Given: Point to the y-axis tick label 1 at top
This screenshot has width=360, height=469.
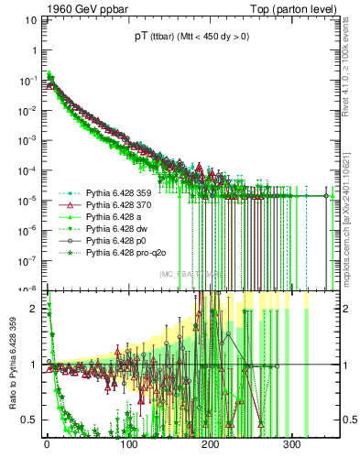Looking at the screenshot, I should click(33, 51).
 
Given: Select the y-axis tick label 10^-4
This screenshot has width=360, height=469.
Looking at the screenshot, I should click(27, 170).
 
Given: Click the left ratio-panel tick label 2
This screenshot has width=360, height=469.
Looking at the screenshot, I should click(33, 309).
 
